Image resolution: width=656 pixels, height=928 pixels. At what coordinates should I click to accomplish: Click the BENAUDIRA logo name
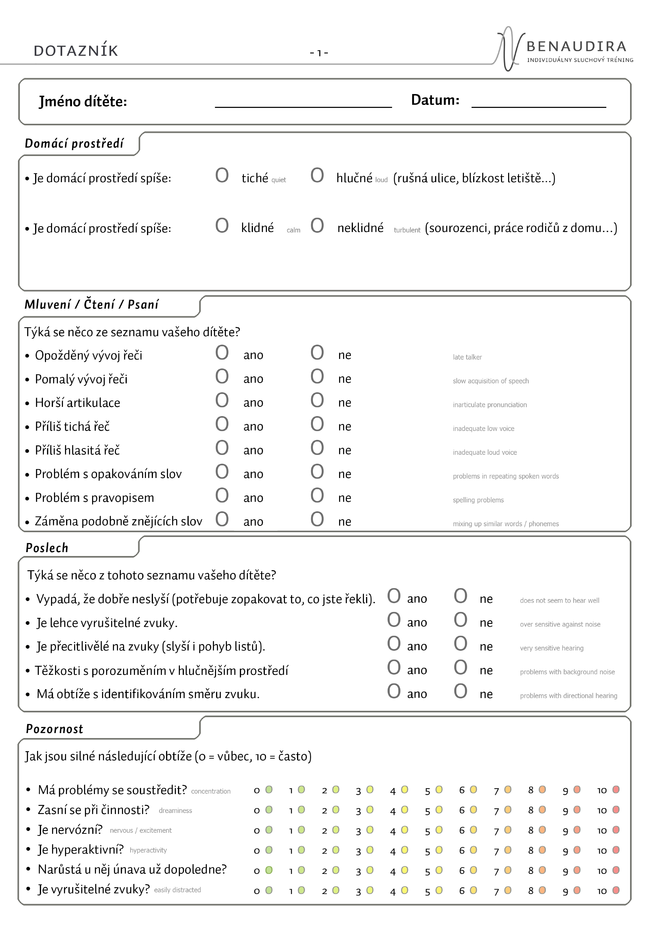pos(576,46)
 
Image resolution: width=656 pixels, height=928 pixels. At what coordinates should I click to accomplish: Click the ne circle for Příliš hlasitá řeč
pos(317,448)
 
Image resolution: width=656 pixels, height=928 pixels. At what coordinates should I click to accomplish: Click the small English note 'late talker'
pos(467,357)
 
